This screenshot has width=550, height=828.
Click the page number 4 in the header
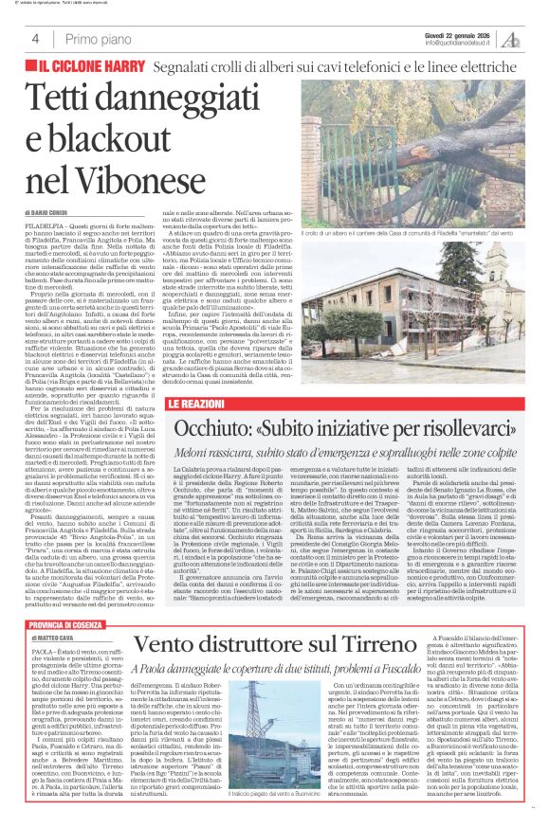(x=35, y=39)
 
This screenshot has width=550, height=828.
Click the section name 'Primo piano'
(x=94, y=39)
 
